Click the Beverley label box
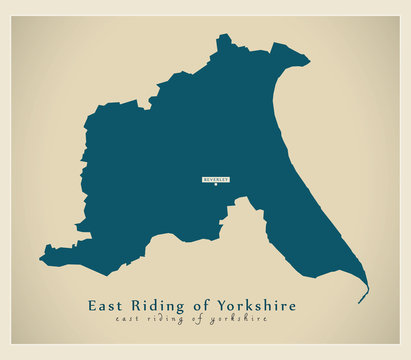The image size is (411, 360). [216, 179]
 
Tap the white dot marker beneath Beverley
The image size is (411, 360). [216, 187]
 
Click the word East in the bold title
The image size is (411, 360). [106, 304]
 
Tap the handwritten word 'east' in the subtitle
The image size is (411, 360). [127, 319]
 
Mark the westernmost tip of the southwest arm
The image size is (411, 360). [41, 262]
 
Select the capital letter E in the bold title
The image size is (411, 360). [93, 304]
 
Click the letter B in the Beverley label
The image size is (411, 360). [205, 179]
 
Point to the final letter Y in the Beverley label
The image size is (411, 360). [228, 179]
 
